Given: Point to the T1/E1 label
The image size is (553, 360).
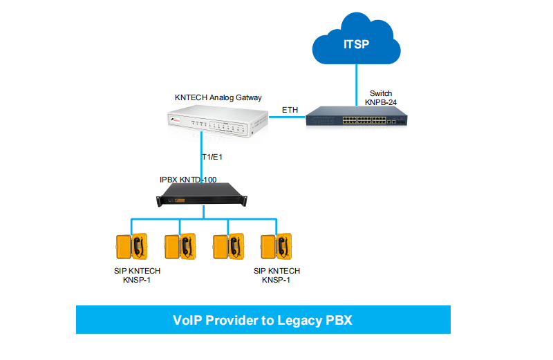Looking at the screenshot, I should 212,158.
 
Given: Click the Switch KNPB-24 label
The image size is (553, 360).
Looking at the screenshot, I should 383,97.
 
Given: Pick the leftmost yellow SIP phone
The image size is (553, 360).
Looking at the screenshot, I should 131,246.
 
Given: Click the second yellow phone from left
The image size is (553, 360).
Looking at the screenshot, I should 179,246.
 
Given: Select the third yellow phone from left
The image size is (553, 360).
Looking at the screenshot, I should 227,246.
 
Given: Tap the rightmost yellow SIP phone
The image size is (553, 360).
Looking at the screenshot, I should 275,246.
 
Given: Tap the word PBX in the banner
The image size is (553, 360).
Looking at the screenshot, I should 339,321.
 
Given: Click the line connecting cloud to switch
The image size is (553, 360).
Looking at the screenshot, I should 357,79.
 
